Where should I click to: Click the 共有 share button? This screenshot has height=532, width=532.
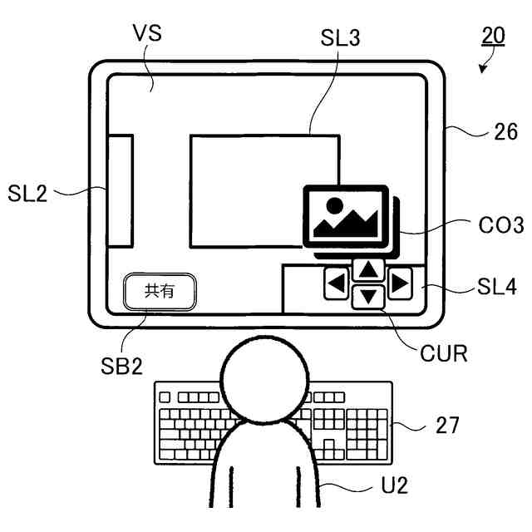tap(160, 292)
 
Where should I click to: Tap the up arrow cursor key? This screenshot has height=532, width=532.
tap(369, 269)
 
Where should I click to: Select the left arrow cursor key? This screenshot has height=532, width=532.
tap(337, 284)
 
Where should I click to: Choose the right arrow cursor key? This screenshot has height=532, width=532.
tap(400, 284)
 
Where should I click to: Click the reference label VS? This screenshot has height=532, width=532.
tap(146, 33)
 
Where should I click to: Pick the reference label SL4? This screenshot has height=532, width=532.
tap(496, 288)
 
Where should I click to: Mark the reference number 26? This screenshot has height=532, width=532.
tap(507, 131)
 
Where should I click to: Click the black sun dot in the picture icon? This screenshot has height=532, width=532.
tap(333, 204)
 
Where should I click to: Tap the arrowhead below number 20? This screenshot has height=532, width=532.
tap(483, 70)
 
